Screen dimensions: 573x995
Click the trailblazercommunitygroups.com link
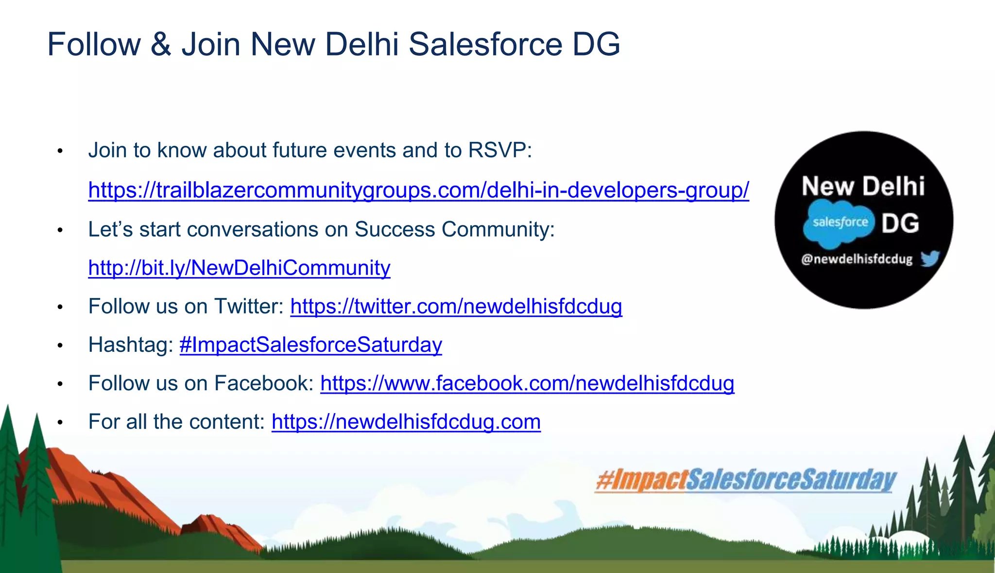coord(418,190)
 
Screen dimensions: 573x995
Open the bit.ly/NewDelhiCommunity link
coord(239,268)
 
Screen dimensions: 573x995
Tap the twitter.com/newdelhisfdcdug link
coord(456,307)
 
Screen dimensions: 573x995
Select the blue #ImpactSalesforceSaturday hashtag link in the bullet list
coord(311,345)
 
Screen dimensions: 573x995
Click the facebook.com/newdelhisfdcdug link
coord(527,383)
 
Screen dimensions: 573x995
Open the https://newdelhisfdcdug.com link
coord(406,422)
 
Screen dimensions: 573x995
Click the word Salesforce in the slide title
coord(485,44)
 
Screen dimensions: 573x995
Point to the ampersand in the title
coord(161,44)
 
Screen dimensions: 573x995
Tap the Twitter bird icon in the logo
coord(929,259)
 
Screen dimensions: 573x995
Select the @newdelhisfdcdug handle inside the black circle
coord(857,259)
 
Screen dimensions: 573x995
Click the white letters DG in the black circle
coord(900,224)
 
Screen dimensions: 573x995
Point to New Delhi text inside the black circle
coord(863,187)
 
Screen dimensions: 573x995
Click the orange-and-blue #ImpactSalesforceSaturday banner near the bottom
coord(746,480)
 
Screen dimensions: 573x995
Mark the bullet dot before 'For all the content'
coord(60,423)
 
